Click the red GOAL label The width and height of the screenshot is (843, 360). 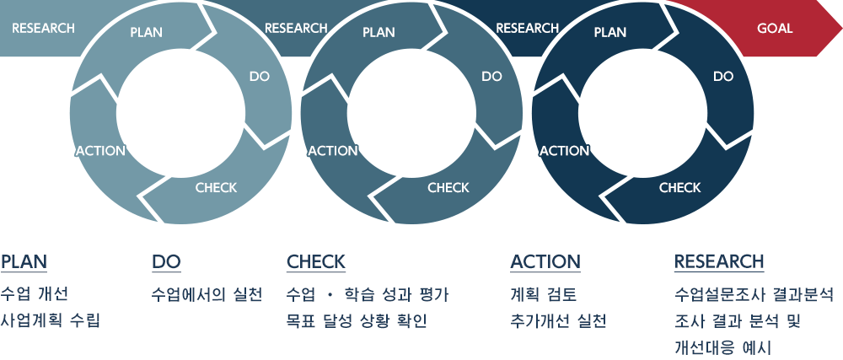tap(775, 28)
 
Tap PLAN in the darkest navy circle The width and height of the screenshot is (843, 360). tap(609, 32)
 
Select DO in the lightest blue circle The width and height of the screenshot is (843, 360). tap(259, 76)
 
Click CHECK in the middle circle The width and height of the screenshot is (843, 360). tap(448, 187)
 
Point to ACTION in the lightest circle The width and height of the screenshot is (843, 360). tap(100, 151)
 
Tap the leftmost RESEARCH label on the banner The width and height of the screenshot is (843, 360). tap(44, 28)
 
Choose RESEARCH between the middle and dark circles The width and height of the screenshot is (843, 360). tap(528, 28)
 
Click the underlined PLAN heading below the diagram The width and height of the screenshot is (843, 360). tap(24, 262)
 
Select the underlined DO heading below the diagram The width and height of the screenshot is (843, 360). tap(166, 262)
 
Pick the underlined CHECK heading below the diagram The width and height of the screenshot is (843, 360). tap(315, 262)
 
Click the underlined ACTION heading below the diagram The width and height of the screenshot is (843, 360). tap(545, 262)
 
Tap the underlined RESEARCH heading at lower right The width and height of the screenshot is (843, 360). tap(719, 262)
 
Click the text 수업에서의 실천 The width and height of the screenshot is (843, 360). tap(207, 294)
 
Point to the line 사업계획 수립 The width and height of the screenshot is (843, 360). tap(51, 320)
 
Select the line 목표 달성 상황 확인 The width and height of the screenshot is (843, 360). tap(357, 320)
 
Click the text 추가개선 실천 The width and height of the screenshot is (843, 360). tap(558, 320)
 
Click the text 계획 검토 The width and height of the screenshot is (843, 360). tap(543, 294)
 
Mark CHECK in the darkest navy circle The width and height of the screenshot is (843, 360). tap(680, 187)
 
